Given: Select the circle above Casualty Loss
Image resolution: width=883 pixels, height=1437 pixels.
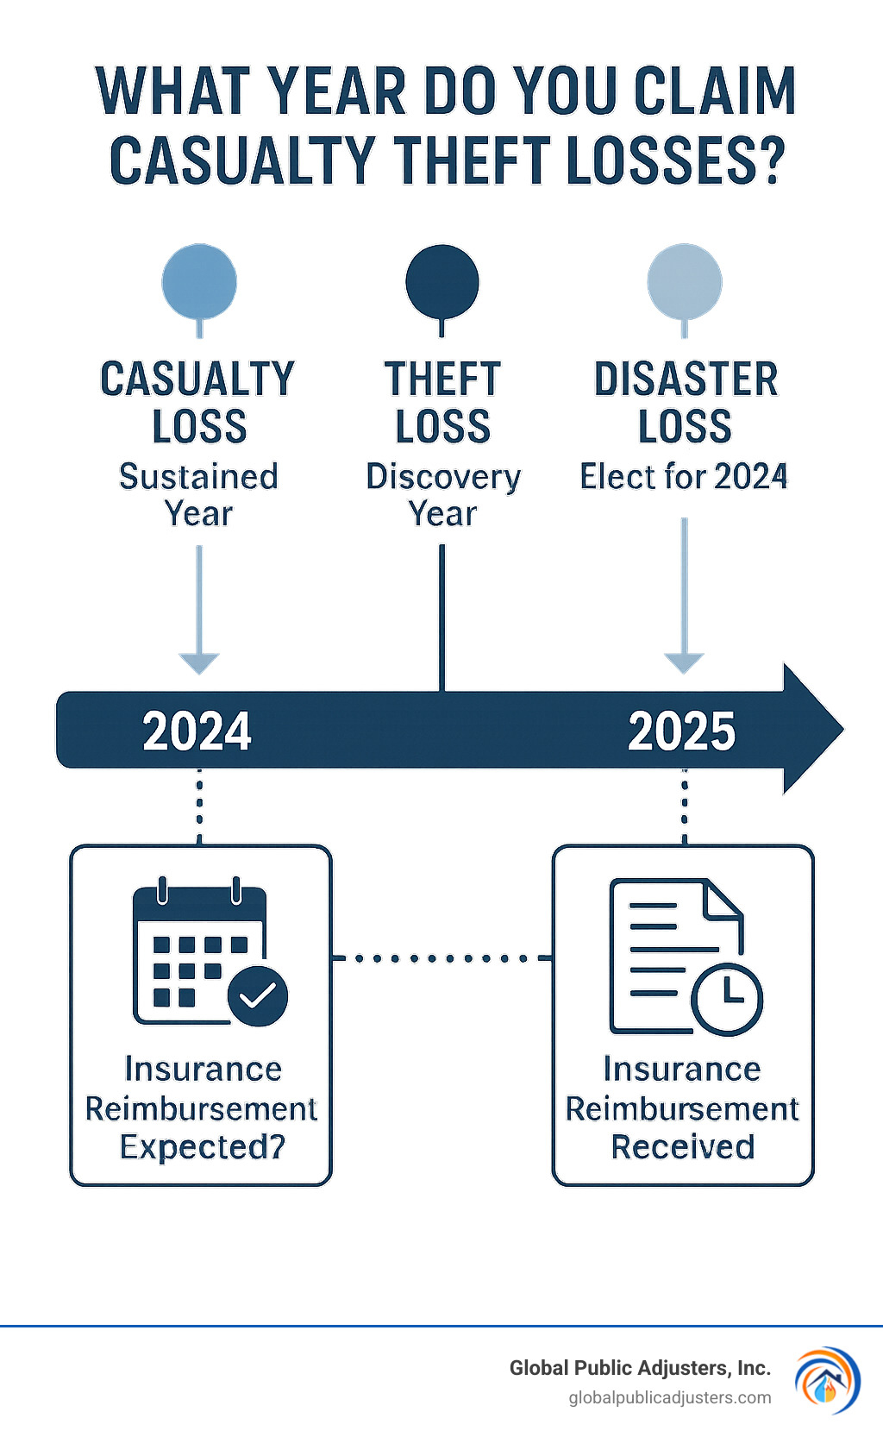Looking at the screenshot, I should coord(199,281).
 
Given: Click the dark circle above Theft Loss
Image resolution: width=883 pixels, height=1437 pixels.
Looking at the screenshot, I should coord(442,281).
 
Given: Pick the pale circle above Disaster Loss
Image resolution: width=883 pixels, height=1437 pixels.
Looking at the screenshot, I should coord(685,281).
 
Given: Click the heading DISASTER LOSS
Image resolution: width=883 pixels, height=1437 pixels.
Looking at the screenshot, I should coord(686,403).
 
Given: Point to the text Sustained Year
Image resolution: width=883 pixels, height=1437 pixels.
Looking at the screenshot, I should coord(199,495).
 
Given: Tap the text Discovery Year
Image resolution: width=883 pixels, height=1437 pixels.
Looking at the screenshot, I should coord(443,495).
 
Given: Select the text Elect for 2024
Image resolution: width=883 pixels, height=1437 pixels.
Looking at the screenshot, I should coord(684,477).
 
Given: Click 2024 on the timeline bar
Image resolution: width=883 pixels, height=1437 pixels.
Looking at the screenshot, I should coord(197,731).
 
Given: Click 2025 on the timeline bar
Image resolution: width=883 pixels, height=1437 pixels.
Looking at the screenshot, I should coord(682,731).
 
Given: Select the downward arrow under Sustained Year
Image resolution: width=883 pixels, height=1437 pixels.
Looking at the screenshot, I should coord(199,660).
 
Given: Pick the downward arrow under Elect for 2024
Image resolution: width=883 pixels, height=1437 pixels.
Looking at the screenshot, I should coord(685,660).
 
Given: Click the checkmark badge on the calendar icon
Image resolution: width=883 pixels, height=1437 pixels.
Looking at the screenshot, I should coord(258,996).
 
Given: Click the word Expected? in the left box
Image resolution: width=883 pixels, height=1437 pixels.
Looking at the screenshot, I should coord(203,1147).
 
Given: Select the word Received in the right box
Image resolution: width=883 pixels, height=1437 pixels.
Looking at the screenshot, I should coord(683,1147).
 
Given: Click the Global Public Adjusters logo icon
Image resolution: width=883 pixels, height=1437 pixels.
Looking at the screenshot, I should coord(826,1379).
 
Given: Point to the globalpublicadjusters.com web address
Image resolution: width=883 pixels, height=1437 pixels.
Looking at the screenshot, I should coord(670,1397).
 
